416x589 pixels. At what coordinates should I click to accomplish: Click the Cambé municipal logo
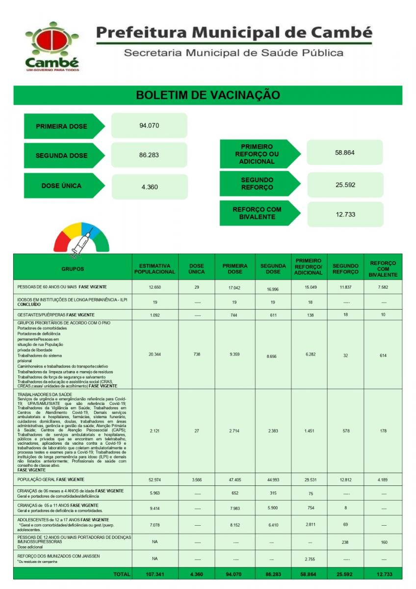click(x=52, y=47)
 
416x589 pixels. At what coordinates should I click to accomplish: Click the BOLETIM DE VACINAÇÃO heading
click(x=208, y=95)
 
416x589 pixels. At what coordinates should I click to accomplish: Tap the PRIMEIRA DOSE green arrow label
click(x=62, y=126)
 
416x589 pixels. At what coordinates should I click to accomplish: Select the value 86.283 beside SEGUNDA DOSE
click(x=149, y=155)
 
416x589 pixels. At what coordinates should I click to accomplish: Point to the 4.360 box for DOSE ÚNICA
click(x=149, y=187)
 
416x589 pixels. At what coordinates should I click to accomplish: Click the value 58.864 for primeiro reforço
click(x=344, y=153)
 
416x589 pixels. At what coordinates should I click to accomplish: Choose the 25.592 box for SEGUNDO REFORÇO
click(x=344, y=185)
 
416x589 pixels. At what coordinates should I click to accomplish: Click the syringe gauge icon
click(x=80, y=240)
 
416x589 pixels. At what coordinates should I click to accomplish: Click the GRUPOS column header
click(x=73, y=269)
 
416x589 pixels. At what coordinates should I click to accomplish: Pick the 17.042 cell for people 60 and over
click(x=235, y=287)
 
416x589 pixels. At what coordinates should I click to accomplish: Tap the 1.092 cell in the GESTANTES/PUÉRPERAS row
click(x=155, y=315)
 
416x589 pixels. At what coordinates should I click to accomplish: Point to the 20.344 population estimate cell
click(x=155, y=354)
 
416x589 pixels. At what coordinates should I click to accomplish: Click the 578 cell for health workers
click(x=345, y=431)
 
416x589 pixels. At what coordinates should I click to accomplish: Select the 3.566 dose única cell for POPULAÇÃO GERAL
click(x=196, y=480)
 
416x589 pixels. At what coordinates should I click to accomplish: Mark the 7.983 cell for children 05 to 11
click(x=235, y=509)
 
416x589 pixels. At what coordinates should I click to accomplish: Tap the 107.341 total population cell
click(x=155, y=574)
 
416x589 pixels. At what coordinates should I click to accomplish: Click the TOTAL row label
click(x=122, y=574)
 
